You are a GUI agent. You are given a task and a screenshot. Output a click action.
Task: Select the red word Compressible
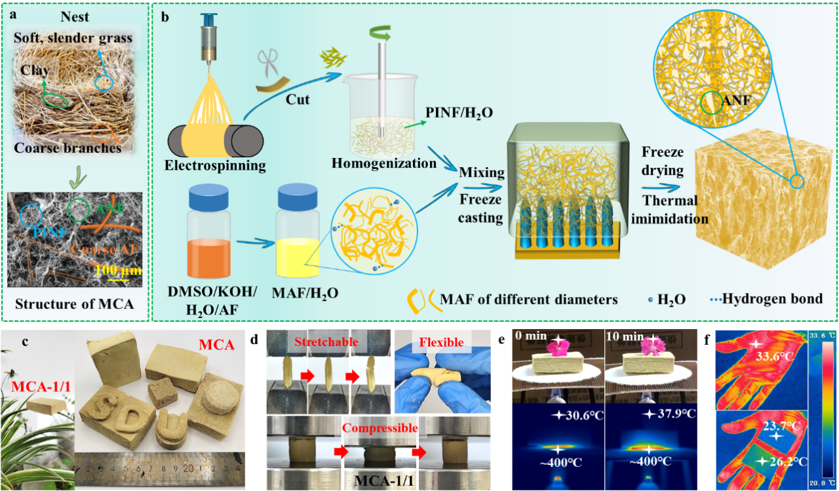point(380,427)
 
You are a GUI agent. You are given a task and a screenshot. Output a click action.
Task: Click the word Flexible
point(440,342)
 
